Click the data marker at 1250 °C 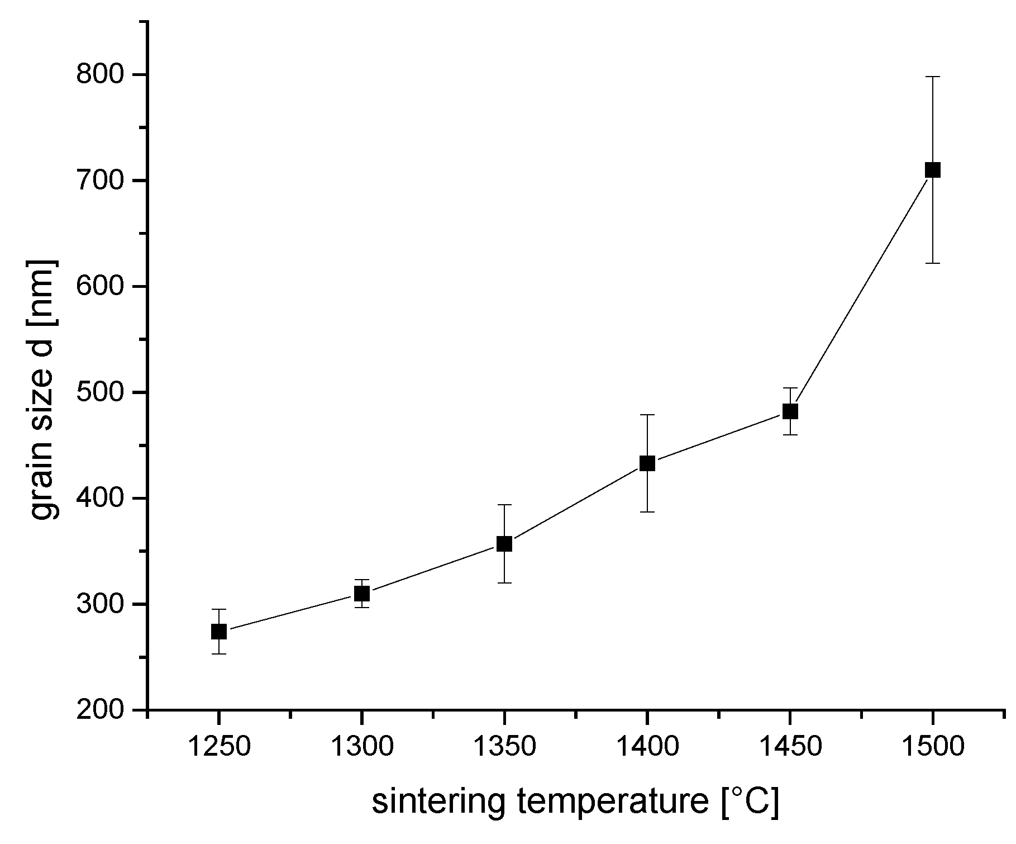pyautogui.click(x=219, y=632)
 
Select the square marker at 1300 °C pyautogui.click(x=362, y=594)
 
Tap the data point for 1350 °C pyautogui.click(x=504, y=544)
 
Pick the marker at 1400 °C pyautogui.click(x=647, y=463)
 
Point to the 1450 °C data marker pyautogui.click(x=790, y=411)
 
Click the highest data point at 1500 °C pyautogui.click(x=933, y=170)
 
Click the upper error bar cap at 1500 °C pyautogui.click(x=933, y=77)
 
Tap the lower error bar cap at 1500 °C pyautogui.click(x=933, y=263)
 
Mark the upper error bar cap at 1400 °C pyautogui.click(x=647, y=415)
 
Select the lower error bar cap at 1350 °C pyautogui.click(x=504, y=583)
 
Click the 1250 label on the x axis pyautogui.click(x=219, y=747)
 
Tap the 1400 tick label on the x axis pyautogui.click(x=647, y=747)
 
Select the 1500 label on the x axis pyautogui.click(x=933, y=747)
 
